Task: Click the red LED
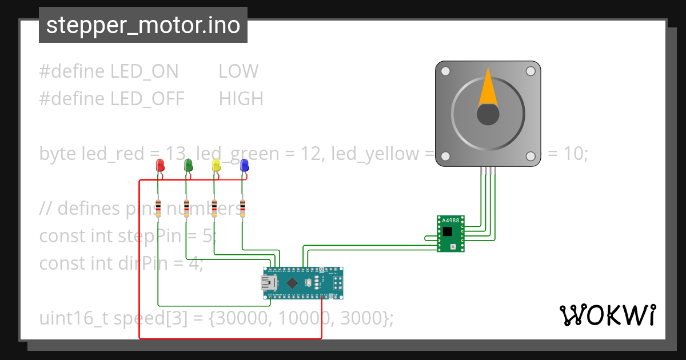coord(160,166)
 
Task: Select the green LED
coord(188,166)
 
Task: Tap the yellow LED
coord(216,166)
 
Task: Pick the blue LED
coord(244,166)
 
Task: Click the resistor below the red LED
coord(158,209)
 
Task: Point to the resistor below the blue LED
coord(242,209)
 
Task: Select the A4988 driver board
coord(451,233)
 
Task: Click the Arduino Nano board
coord(303,283)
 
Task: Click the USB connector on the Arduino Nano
coord(269,283)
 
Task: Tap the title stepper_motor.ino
coord(143,26)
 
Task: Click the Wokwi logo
coord(608,315)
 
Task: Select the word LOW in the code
coord(238,71)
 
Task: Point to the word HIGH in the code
coord(241,99)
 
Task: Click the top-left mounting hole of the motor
coord(445,71)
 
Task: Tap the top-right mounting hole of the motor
coord(531,71)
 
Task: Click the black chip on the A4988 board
coord(447,231)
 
